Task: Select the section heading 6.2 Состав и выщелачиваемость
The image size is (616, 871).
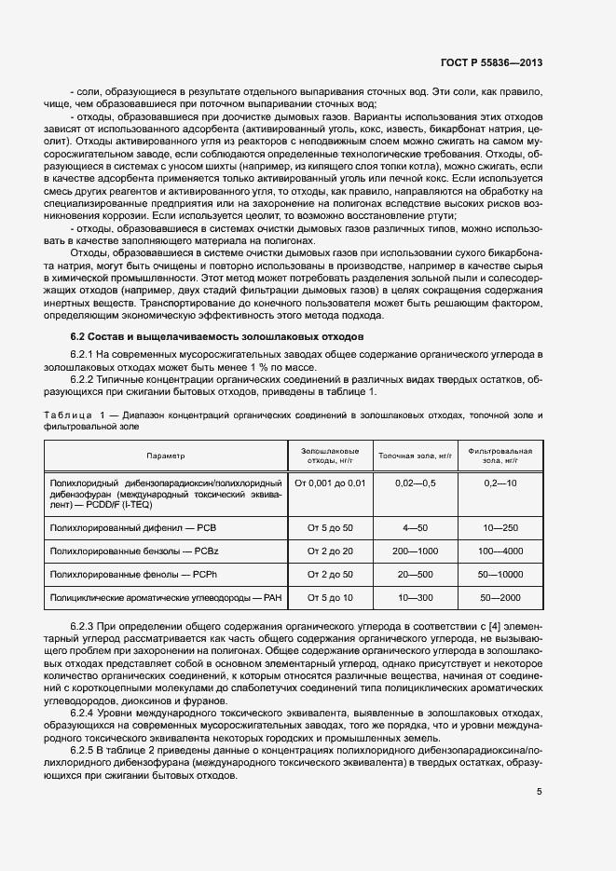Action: (217, 335)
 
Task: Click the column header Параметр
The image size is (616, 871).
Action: (166, 456)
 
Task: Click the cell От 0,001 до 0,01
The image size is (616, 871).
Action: (330, 483)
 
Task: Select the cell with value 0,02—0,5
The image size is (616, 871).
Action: (415, 483)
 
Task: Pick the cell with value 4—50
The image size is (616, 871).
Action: (415, 527)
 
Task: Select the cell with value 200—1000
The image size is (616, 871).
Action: (415, 551)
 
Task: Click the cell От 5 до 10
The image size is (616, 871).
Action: (330, 596)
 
